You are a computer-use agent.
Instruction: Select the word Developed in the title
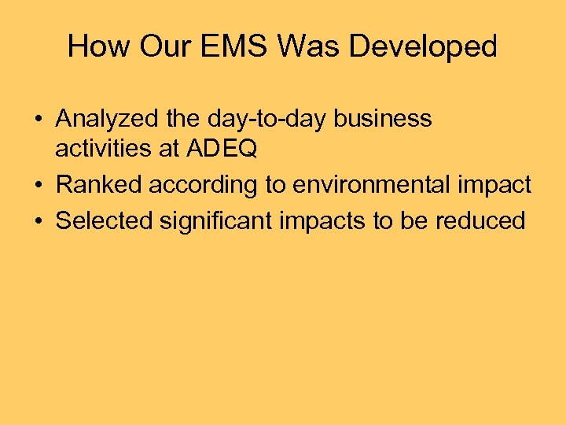tap(423, 46)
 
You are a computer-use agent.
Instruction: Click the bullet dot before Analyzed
tap(38, 120)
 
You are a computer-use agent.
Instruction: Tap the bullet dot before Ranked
tap(38, 186)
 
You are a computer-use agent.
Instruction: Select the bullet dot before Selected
tap(38, 221)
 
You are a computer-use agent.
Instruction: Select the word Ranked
tap(99, 185)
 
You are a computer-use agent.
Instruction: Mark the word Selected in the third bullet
tap(105, 220)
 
